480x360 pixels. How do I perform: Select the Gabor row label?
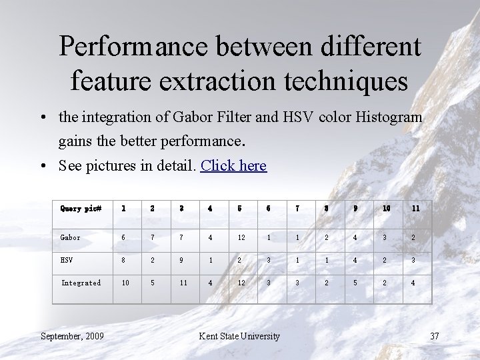[x=70, y=237]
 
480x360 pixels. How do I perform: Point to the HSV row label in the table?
[x=67, y=260]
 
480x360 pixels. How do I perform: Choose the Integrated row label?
[x=81, y=283]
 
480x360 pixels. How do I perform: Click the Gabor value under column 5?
[x=241, y=237]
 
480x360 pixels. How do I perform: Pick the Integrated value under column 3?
[x=182, y=283]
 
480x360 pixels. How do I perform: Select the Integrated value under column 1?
[x=125, y=283]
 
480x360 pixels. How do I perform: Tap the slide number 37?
[x=434, y=335]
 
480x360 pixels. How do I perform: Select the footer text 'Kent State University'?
[x=239, y=335]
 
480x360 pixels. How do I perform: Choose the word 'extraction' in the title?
[x=226, y=81]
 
